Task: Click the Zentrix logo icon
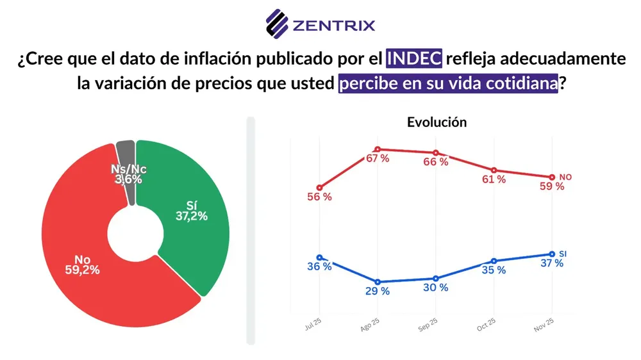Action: pos(278,24)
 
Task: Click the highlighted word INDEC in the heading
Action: pos(414,59)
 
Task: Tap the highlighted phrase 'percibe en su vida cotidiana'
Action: pos(448,84)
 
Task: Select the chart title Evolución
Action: pos(437,122)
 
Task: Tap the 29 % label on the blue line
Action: pos(377,291)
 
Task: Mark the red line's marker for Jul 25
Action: pos(320,188)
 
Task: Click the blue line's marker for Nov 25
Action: pos(551,254)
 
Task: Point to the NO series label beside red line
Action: pos(565,176)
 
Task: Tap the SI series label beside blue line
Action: pos(563,254)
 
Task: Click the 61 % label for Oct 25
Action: pos(494,179)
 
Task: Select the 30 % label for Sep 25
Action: pos(436,288)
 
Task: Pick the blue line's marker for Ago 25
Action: pos(378,282)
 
